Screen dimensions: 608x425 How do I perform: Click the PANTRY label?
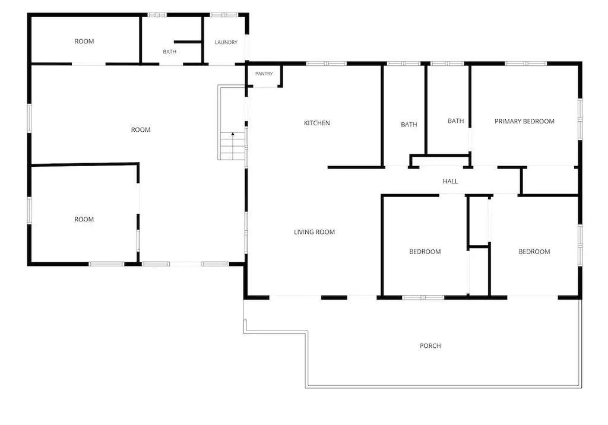pos(264,74)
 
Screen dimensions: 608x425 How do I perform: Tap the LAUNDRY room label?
pos(226,42)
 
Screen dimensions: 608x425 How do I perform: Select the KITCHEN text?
pos(317,123)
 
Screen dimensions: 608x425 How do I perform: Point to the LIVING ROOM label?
pos(314,232)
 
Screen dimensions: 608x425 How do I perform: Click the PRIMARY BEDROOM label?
pos(524,121)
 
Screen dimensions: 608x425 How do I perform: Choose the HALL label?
pos(450,181)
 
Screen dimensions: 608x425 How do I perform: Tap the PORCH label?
pos(430,345)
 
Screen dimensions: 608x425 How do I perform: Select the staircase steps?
pos(232,146)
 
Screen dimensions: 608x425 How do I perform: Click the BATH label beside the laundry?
pos(169,52)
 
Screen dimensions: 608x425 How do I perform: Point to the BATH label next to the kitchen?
pos(408,125)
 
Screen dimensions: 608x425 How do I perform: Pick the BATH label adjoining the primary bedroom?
pos(455,121)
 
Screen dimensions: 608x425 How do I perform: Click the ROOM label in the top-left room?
pos(84,42)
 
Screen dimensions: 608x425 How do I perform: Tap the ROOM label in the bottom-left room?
pos(84,219)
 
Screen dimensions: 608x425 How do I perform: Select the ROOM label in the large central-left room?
pos(140,129)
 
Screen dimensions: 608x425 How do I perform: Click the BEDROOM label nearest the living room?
pos(425,252)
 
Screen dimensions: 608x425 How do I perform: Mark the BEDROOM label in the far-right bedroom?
pos(534,252)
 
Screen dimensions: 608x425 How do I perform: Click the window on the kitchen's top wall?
pos(326,64)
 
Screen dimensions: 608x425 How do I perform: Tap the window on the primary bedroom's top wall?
pos(525,64)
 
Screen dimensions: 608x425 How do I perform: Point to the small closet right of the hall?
pos(550,180)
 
